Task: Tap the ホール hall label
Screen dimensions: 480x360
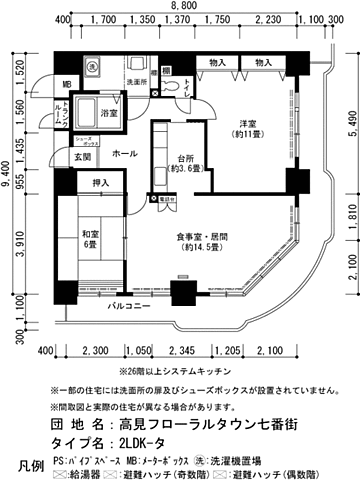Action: [x=125, y=156]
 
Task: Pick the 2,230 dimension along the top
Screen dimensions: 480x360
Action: [x=268, y=20]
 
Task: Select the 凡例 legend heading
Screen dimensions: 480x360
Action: [x=30, y=466]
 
